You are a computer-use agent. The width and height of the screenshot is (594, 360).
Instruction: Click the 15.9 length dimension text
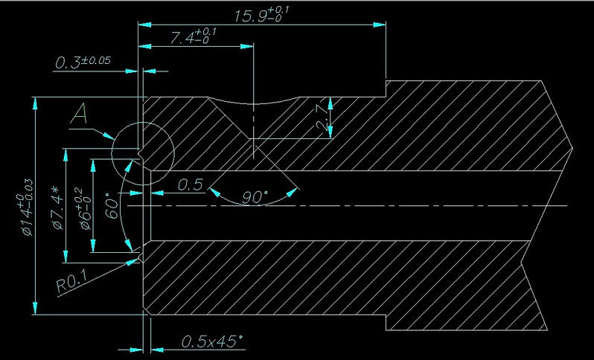click(262, 15)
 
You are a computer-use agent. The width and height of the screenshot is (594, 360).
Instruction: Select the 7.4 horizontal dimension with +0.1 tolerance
click(194, 36)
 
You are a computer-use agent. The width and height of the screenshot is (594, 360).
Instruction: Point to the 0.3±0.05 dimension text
click(83, 62)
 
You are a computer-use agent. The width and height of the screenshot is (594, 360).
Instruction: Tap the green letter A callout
click(79, 115)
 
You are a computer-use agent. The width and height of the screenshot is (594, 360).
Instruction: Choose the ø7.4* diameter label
click(57, 208)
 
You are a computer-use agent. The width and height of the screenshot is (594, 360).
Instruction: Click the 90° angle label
click(255, 197)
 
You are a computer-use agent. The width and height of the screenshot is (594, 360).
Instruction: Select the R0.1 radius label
click(71, 281)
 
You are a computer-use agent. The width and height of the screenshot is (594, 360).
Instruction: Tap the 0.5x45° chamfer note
click(211, 341)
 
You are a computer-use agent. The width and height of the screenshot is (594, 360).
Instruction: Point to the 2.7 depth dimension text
click(322, 118)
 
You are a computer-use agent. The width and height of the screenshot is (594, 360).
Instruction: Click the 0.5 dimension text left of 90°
click(191, 184)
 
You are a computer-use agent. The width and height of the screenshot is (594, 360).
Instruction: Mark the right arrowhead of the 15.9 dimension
click(380, 25)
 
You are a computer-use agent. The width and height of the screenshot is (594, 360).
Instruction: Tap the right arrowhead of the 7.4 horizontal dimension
click(247, 47)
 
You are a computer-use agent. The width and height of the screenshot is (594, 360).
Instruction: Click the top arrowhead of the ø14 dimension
click(35, 103)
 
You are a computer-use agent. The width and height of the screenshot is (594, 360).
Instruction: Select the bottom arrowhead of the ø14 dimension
click(35, 308)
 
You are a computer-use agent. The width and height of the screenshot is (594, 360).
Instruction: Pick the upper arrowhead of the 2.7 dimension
click(330, 103)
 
